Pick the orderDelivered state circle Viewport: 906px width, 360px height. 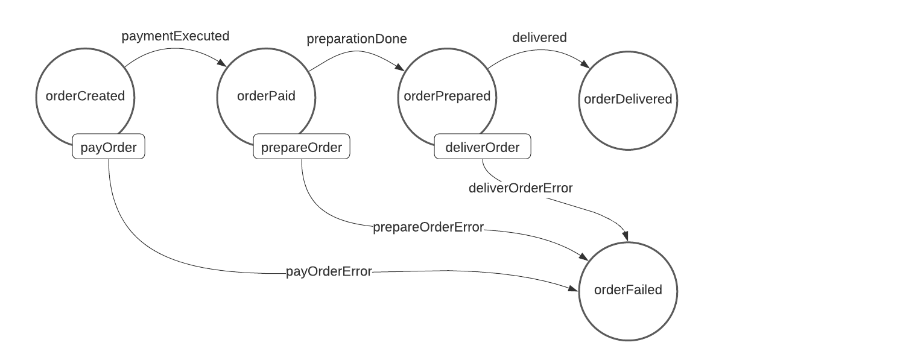click(x=628, y=99)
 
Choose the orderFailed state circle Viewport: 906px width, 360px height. click(x=628, y=290)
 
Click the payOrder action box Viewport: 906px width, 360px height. click(x=109, y=147)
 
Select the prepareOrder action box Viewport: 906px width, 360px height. click(x=302, y=147)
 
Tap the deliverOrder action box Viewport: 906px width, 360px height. click(x=483, y=147)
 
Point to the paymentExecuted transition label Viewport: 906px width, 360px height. click(x=176, y=36)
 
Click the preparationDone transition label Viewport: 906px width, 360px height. click(x=356, y=39)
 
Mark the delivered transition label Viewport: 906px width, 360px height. click(x=539, y=37)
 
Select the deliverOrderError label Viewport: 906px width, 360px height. click(x=521, y=188)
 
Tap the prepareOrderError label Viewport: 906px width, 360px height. click(x=428, y=227)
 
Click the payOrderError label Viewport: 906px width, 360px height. click(x=329, y=271)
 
